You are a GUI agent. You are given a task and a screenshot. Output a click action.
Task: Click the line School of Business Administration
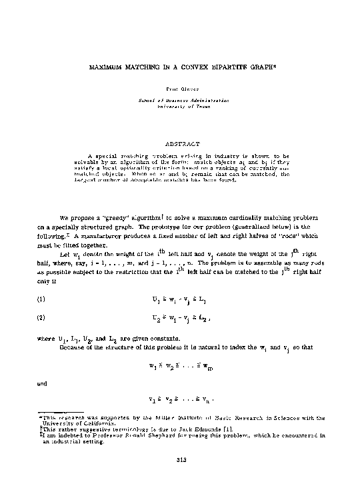[180, 99]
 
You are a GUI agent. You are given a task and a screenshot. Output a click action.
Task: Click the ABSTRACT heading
[179, 142]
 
